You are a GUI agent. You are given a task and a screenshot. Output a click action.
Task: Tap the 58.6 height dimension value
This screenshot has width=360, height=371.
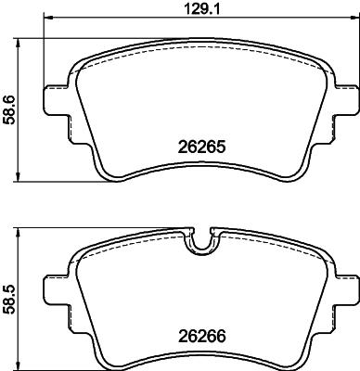(8, 109)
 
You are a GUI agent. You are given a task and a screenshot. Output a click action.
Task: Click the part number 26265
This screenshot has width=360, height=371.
(201, 146)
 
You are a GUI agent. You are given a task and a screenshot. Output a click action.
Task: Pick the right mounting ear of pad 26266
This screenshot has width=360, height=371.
(344, 287)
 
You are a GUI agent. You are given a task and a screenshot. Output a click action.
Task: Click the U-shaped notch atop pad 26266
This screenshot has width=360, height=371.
(201, 243)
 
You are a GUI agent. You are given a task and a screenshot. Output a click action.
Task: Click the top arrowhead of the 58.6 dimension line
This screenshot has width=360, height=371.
(21, 41)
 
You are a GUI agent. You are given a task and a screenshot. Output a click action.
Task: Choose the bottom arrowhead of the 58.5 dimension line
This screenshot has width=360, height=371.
(21, 367)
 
